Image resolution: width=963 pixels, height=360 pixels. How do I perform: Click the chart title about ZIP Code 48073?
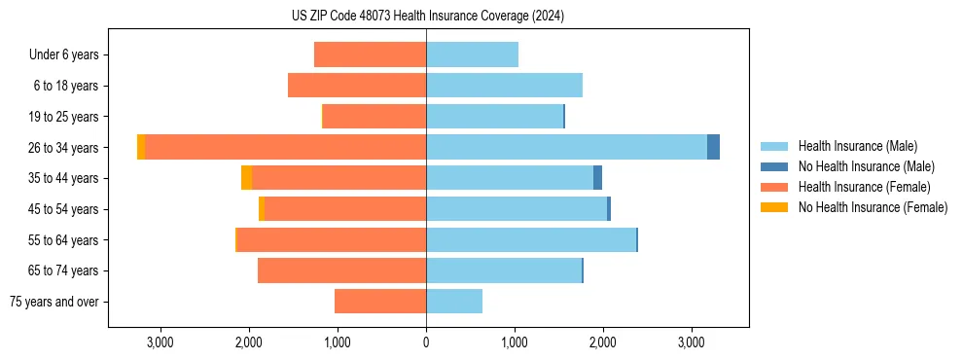tap(427, 17)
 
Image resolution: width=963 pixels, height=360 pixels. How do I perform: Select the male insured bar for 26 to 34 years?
tap(566, 147)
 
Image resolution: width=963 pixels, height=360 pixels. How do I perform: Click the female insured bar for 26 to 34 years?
tap(285, 147)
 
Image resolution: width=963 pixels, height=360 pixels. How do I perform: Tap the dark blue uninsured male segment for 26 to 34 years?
tap(713, 147)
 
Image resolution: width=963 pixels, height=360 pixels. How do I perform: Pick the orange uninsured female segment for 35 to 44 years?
tap(246, 178)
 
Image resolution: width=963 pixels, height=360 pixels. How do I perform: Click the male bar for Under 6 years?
tap(472, 54)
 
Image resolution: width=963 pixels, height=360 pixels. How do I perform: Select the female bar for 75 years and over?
tap(380, 302)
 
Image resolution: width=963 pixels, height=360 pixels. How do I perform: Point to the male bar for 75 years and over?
tap(454, 302)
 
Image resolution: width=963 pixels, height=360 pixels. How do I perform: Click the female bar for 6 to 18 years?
tap(357, 86)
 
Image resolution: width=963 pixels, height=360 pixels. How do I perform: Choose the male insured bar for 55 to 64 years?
tap(531, 239)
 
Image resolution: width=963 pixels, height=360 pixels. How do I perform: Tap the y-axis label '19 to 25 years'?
tap(63, 117)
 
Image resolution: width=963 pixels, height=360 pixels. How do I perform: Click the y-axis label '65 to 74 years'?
tap(63, 270)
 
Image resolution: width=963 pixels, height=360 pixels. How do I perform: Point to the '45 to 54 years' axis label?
tap(63, 209)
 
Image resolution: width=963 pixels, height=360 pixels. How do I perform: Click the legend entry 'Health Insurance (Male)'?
tap(857, 146)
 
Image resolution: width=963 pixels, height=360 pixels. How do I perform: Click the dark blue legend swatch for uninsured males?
tap(774, 166)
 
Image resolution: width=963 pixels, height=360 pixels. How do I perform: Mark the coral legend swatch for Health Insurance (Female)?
tap(774, 187)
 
